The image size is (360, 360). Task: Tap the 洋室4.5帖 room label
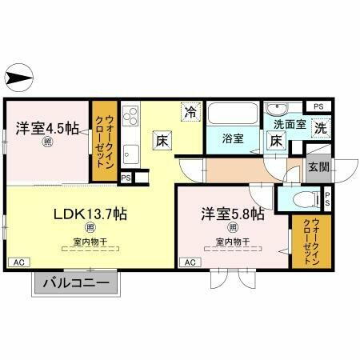pos(46,128)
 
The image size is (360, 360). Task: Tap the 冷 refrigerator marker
pos(190,112)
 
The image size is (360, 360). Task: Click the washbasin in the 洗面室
pos(279,110)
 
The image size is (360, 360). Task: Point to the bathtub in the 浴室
pos(233,114)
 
